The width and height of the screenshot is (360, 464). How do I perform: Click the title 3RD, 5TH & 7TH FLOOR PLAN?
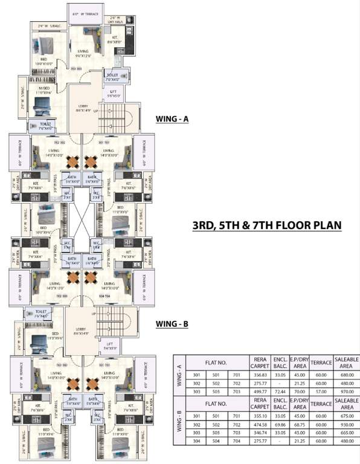[267, 225]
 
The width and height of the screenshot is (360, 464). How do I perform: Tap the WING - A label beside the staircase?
[172, 119]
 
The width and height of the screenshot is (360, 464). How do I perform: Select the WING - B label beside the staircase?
[172, 324]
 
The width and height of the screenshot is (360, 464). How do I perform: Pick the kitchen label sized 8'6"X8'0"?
[114, 41]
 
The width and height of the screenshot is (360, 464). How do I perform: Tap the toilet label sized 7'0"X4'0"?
[113, 79]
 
